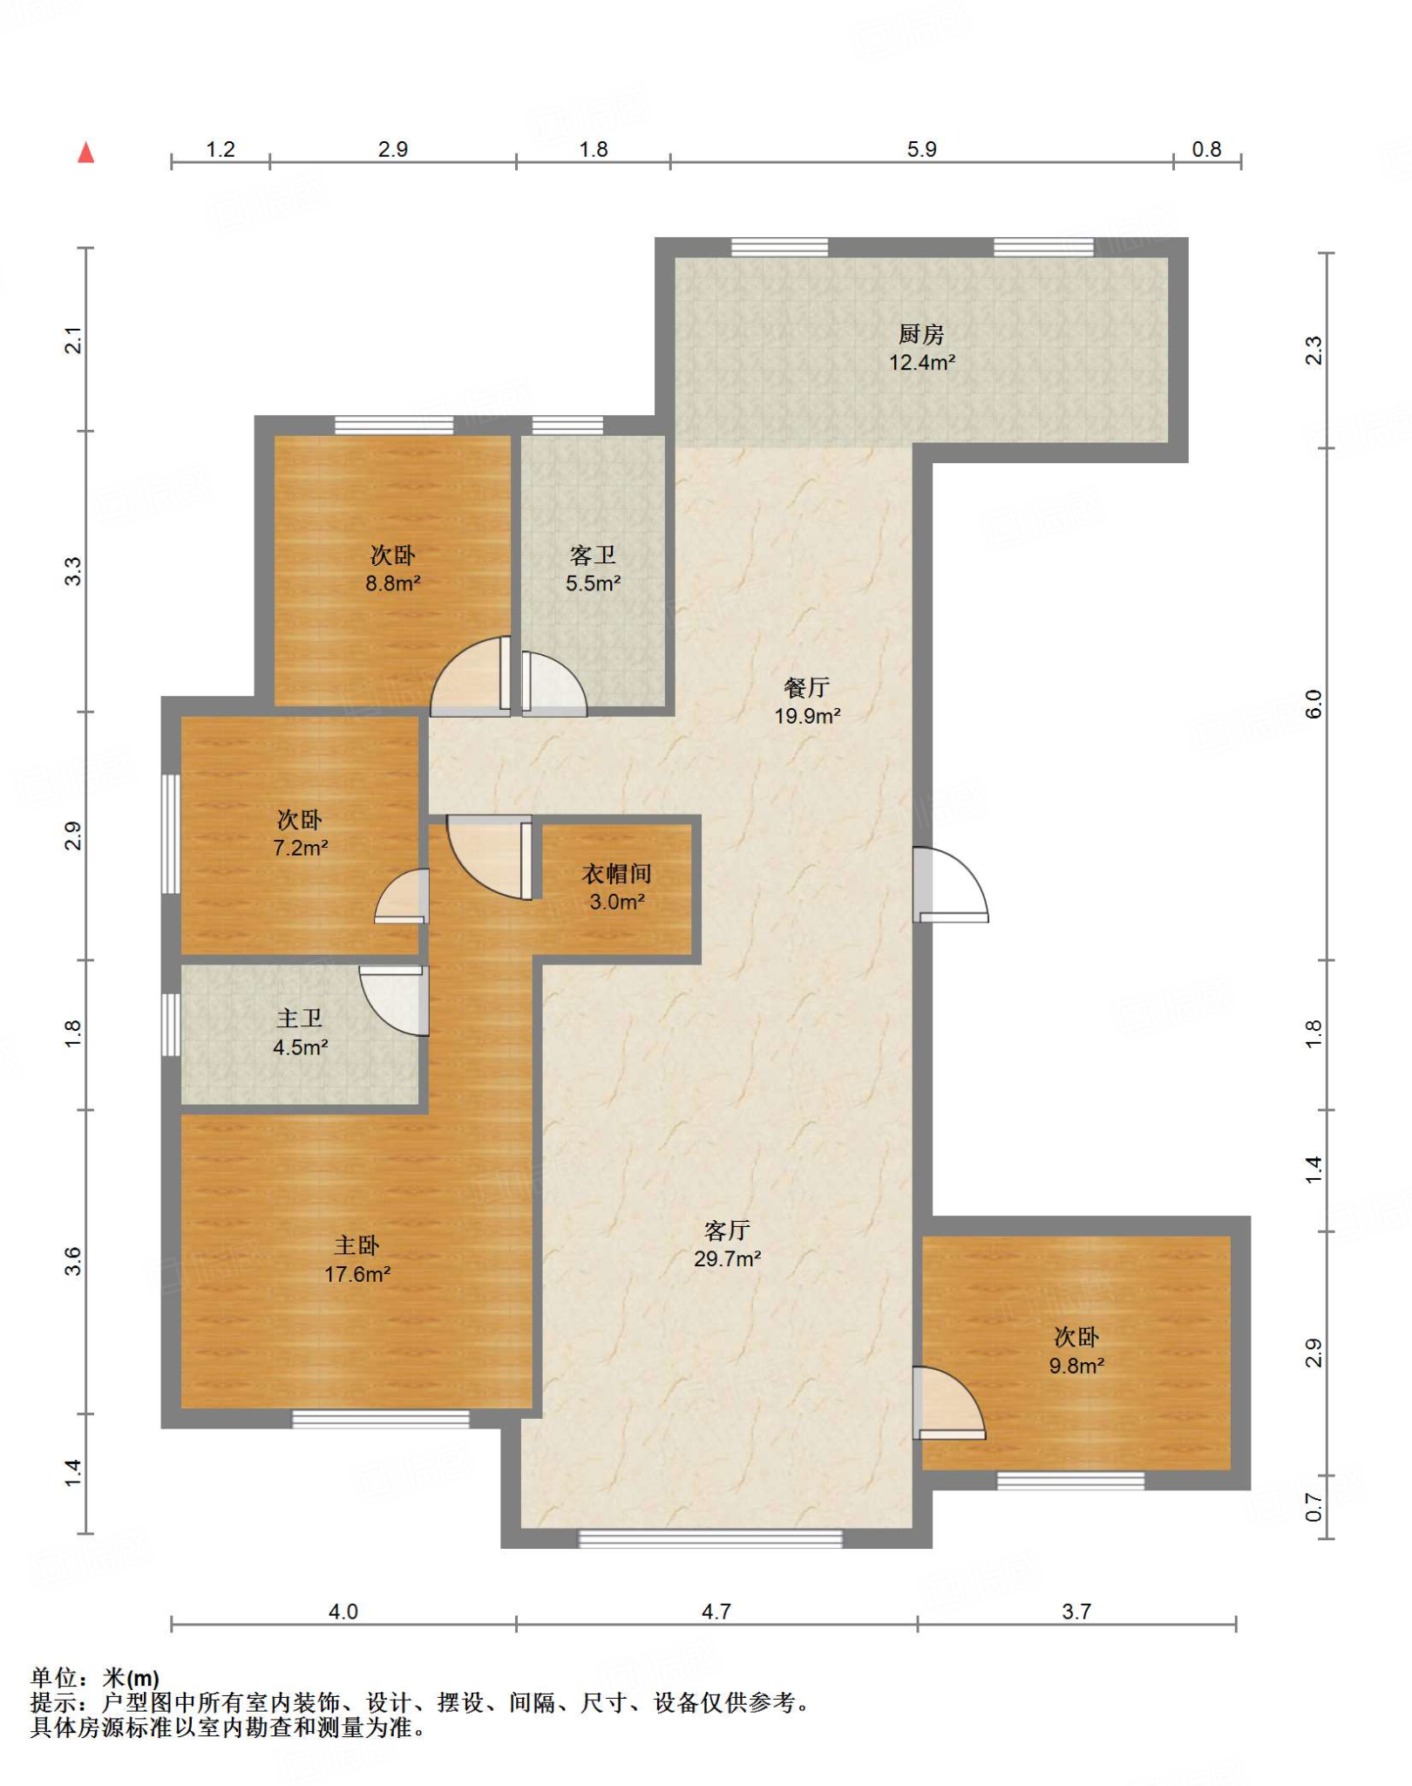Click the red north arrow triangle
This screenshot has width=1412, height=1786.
tap(85, 153)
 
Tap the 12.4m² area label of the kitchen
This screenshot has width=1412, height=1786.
tap(921, 362)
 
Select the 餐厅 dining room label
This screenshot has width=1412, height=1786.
tap(806, 687)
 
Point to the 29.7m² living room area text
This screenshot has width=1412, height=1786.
tap(727, 1258)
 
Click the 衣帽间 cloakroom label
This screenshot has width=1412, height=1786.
tap(616, 873)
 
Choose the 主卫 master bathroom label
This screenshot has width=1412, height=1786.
tap(299, 1018)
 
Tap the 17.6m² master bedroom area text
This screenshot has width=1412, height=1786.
tap(357, 1274)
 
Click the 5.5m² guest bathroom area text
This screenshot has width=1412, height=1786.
tap(593, 583)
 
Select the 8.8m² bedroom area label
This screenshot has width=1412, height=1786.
tap(392, 583)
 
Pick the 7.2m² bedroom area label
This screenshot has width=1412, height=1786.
tap(300, 848)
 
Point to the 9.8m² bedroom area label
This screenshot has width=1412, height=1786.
tap(1076, 1366)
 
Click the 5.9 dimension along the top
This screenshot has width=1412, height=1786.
tap(921, 149)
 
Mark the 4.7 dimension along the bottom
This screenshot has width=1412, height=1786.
tap(716, 1612)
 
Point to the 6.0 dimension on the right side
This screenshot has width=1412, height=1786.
tap(1313, 704)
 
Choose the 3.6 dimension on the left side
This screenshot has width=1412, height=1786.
tap(72, 1261)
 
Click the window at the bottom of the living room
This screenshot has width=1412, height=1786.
tap(710, 1539)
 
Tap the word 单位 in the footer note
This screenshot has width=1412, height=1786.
tap(54, 1677)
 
